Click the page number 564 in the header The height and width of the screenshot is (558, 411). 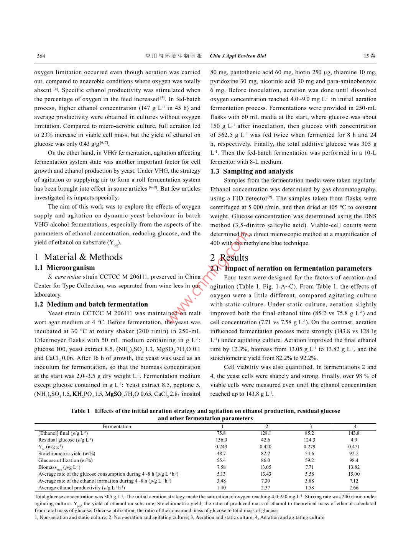click(x=41, y=56)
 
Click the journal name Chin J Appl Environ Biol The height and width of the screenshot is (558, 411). click(x=238, y=56)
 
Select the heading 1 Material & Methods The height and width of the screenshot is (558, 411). click(x=79, y=257)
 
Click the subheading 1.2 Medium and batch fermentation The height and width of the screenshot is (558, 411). click(x=91, y=304)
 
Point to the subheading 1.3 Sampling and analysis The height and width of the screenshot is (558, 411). click(x=252, y=171)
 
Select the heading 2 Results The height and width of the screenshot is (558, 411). click(x=229, y=258)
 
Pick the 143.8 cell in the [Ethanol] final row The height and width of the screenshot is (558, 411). click(x=354, y=433)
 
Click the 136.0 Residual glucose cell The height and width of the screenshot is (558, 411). click(x=221, y=440)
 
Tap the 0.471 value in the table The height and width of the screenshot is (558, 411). click(x=353, y=447)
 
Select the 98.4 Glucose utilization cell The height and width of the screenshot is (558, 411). click(x=354, y=460)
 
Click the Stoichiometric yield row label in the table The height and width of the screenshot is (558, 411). click(x=67, y=454)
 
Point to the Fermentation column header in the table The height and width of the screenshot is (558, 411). click(x=117, y=426)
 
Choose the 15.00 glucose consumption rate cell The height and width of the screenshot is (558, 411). click(x=354, y=474)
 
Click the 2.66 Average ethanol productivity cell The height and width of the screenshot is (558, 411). click(x=354, y=488)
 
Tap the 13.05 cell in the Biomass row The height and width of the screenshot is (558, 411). click(x=265, y=467)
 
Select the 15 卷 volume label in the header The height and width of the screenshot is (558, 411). click(x=370, y=56)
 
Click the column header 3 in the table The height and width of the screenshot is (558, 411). click(x=311, y=426)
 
